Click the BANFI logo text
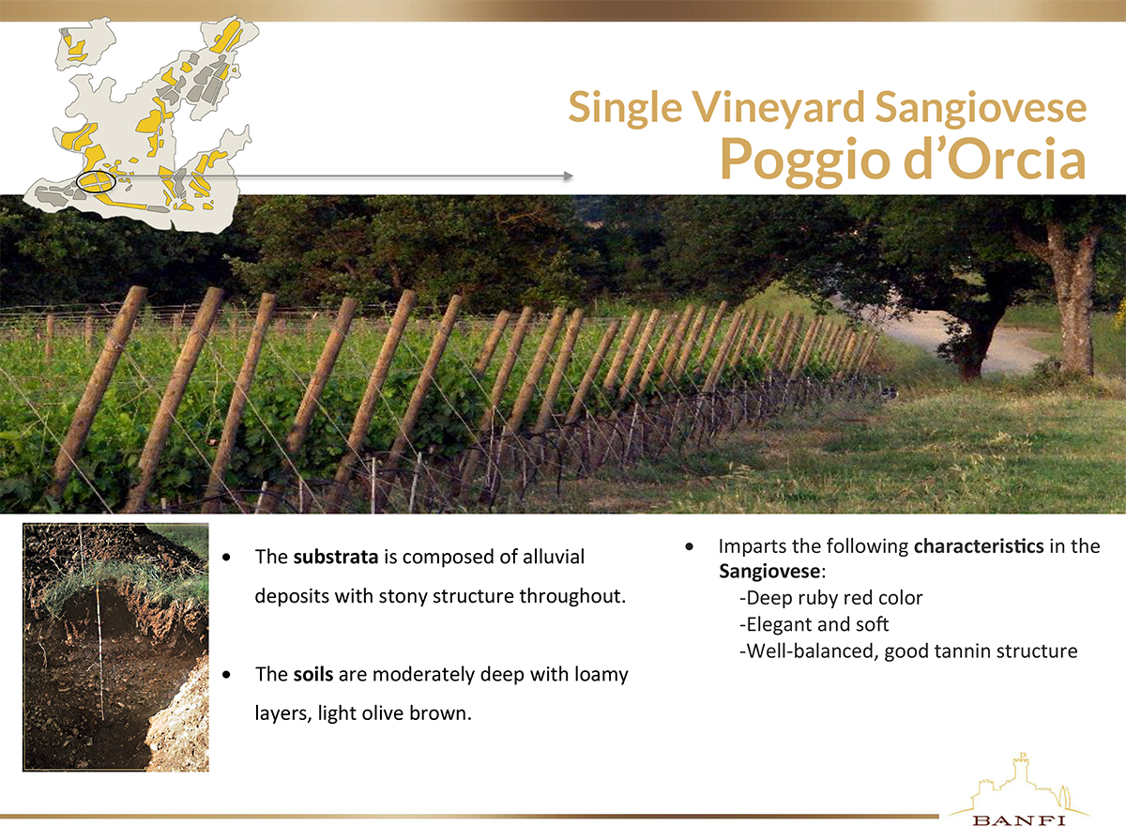pos(1019,820)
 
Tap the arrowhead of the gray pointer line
pos(568,176)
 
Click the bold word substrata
pos(336,557)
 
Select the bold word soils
pos(313,674)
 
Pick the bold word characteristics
pos(979,546)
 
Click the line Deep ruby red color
pos(831,598)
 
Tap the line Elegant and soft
pos(814,624)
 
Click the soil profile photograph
pos(115,647)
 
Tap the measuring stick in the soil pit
pos(100,651)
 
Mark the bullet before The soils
pos(227,675)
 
